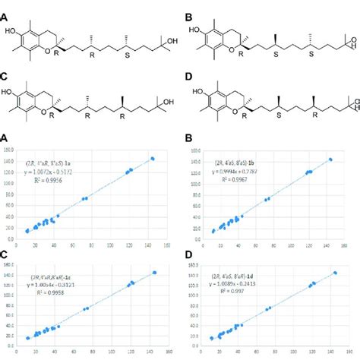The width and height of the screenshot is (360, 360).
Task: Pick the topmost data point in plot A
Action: click(x=153, y=159)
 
